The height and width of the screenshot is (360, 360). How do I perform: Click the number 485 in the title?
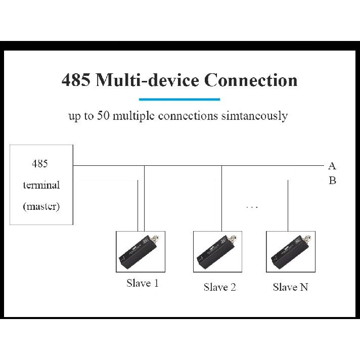[x=76, y=80]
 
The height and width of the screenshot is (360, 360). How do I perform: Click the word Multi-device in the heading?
[x=148, y=80]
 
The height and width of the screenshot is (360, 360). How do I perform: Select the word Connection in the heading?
[x=251, y=80]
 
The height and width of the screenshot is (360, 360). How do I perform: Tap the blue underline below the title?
[x=179, y=100]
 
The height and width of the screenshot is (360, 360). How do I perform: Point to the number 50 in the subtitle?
[x=103, y=115]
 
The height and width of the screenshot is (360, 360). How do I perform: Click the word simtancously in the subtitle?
[x=254, y=116]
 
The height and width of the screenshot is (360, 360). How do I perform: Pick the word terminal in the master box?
[x=41, y=185]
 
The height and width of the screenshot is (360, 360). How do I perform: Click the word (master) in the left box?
[x=41, y=206]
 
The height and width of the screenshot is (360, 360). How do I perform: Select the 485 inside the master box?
[x=40, y=164]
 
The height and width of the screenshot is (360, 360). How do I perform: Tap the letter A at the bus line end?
[x=332, y=166]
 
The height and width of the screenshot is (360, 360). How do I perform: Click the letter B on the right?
[x=333, y=181]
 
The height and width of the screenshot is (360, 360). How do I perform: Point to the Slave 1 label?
[x=143, y=283]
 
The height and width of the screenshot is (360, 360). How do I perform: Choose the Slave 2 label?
[x=220, y=287]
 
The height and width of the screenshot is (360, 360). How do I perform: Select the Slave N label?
[x=290, y=287]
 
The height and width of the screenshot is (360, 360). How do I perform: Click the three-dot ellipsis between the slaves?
[x=252, y=207]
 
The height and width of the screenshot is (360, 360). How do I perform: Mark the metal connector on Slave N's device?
[x=307, y=239]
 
